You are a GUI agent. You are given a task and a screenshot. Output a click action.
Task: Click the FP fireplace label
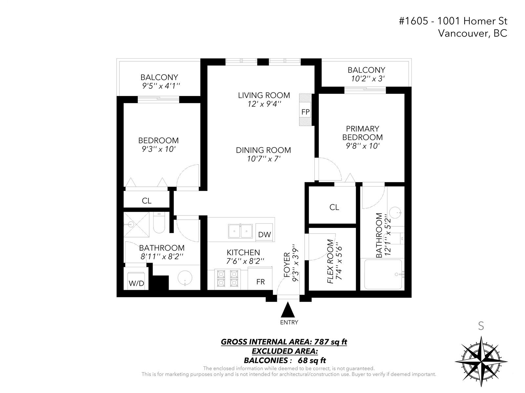click(305, 112)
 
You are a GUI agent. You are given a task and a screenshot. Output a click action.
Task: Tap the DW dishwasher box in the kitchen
click(264, 233)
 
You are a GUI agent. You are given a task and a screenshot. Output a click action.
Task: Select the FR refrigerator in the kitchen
click(260, 278)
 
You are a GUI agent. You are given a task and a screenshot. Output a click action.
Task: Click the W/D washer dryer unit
click(136, 281)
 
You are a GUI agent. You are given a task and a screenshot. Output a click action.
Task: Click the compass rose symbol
click(481, 362)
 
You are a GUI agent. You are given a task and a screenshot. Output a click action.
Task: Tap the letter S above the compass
click(481, 326)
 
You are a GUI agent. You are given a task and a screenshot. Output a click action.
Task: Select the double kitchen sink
click(240, 231)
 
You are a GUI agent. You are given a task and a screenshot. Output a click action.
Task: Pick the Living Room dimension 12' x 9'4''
click(264, 104)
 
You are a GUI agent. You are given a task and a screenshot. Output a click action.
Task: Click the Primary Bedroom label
click(362, 133)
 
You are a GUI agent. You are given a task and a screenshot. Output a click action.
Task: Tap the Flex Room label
click(330, 261)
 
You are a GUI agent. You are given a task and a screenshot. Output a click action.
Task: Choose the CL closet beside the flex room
click(334, 207)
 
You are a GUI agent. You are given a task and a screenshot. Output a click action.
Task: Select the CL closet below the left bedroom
click(147, 201)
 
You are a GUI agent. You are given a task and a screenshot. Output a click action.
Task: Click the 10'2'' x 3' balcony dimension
click(367, 79)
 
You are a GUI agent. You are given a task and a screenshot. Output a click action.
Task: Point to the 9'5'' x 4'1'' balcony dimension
click(161, 86)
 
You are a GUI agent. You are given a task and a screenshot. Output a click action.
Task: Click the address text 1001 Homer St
click(472, 21)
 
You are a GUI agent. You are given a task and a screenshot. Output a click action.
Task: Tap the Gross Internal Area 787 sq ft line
click(284, 342)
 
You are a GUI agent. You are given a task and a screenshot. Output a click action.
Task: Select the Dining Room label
click(263, 150)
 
